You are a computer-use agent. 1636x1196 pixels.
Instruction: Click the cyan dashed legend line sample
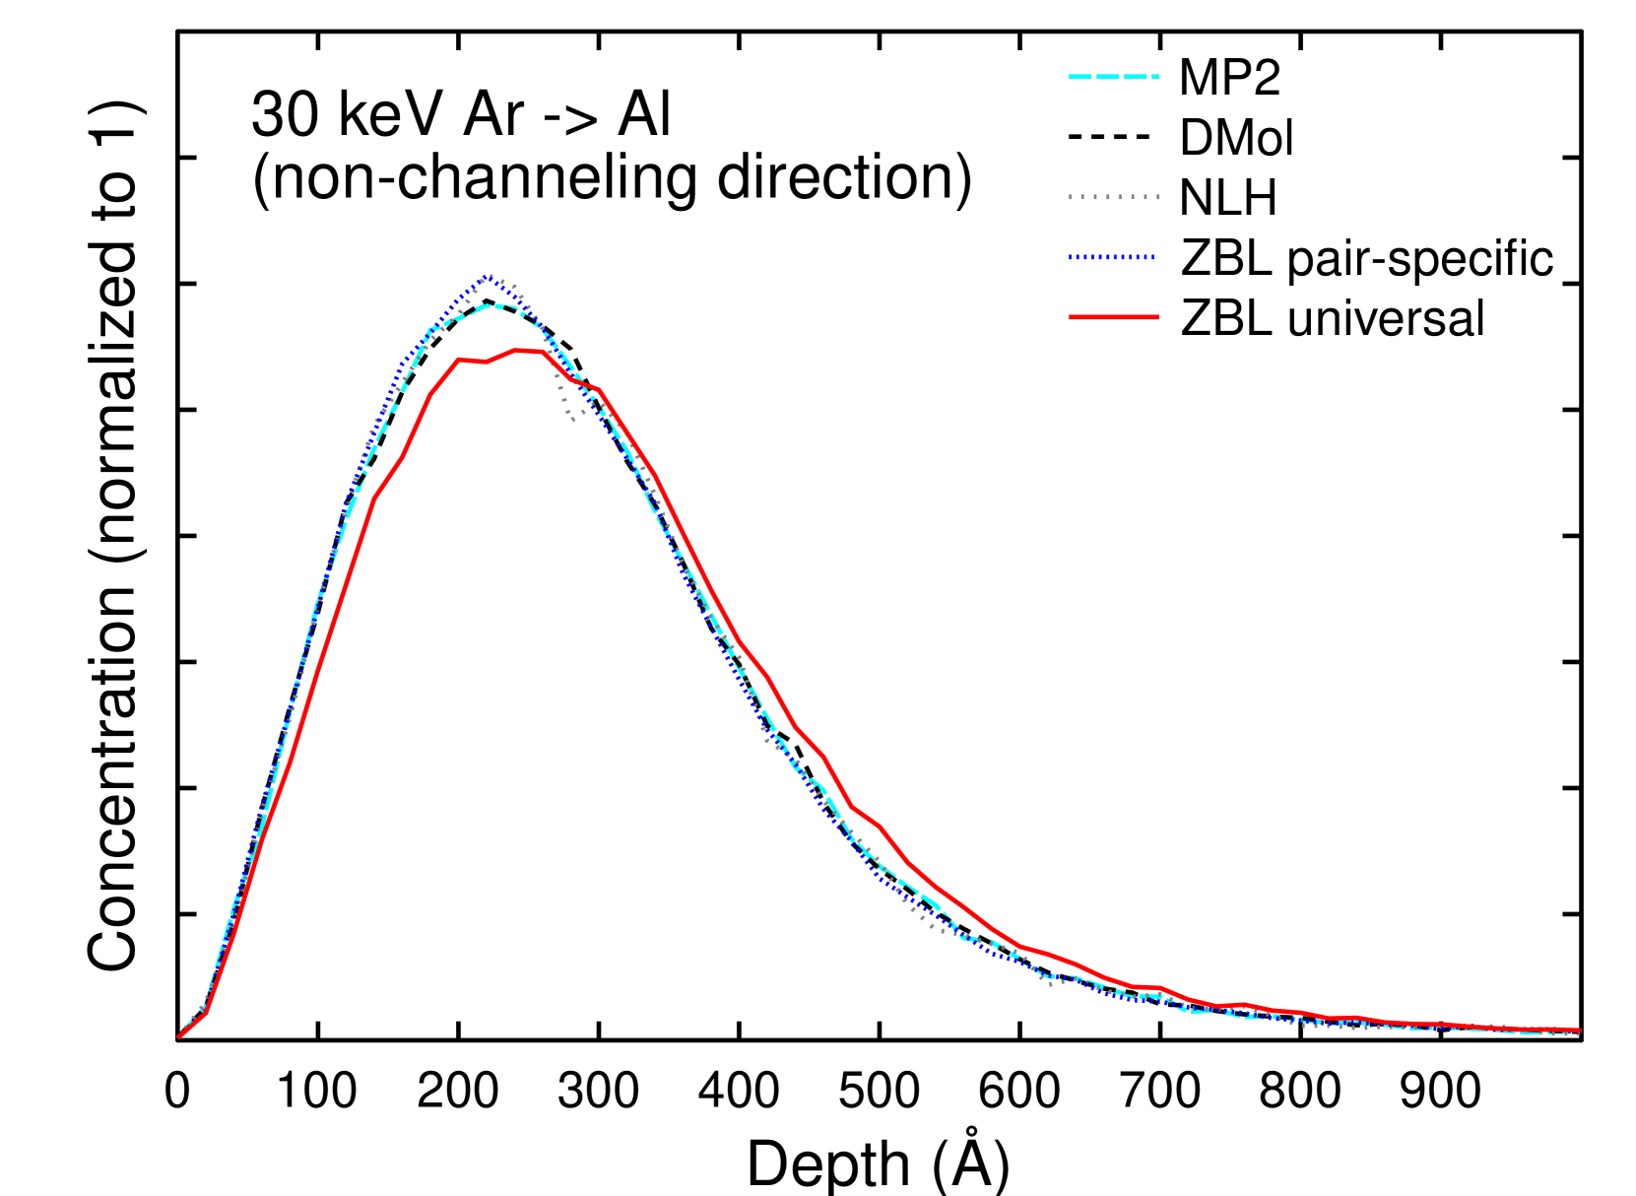pos(1113,76)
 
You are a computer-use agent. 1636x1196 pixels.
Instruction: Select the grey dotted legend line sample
pos(1113,196)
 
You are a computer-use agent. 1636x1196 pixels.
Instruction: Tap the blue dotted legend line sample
pos(1111,257)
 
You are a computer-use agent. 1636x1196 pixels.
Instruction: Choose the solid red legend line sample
pos(1113,317)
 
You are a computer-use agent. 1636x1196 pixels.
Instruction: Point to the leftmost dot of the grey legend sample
pos(1071,196)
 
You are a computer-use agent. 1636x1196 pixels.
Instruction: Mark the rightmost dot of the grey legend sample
pos(1157,196)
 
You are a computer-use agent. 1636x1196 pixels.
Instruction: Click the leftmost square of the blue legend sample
pos(1071,257)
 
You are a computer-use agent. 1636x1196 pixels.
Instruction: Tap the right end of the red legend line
pos(1158,317)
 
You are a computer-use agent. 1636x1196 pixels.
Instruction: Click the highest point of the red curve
pos(516,350)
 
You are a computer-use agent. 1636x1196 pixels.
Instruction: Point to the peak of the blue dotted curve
pos(488,277)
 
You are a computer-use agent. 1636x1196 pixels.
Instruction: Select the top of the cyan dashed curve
pos(497,305)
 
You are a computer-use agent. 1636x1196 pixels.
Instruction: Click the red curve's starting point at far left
pos(179,1036)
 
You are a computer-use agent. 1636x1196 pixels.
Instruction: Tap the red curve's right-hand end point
pos(1580,1030)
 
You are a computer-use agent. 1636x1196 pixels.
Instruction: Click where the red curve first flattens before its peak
pos(459,360)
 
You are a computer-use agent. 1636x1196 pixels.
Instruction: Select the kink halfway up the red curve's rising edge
pos(376,498)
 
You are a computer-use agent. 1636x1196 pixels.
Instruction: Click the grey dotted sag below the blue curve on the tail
pos(931,924)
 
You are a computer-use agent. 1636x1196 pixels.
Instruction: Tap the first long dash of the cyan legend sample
pos(1081,76)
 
